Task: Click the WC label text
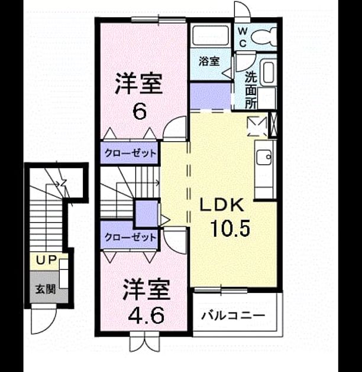point(243,37)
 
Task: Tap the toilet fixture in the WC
point(264,37)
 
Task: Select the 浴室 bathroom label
point(209,61)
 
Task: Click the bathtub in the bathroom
point(211,35)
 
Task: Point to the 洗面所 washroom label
point(251,90)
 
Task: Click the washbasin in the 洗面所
point(269,71)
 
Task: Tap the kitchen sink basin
point(264,157)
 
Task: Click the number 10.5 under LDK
point(230,229)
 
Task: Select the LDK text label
point(222,205)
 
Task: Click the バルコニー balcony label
point(233,316)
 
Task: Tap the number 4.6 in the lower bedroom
point(146,316)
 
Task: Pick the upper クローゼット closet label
point(130,153)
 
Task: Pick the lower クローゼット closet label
point(130,237)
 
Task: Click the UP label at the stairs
point(46,260)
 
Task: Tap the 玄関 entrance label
point(46,289)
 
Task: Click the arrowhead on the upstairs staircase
point(157,182)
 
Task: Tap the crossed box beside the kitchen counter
point(273,125)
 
